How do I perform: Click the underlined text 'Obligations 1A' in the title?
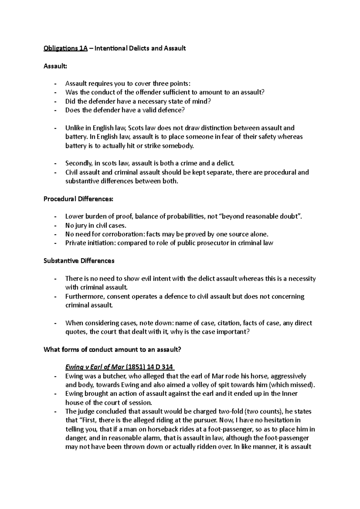[x=65, y=48]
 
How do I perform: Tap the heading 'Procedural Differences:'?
[x=79, y=199]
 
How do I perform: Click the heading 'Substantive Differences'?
[x=79, y=261]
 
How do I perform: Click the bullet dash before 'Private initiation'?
[x=55, y=243]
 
